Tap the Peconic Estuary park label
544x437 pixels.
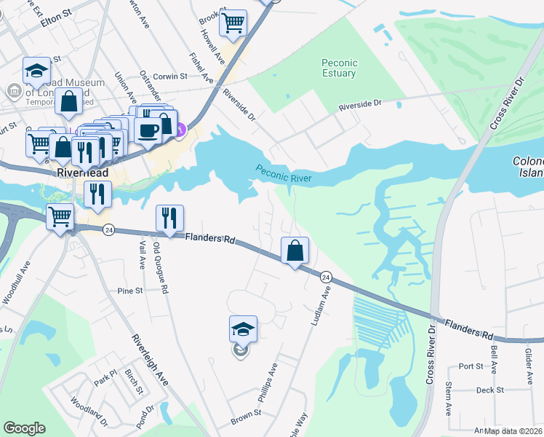339,68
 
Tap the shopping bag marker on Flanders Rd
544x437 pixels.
295,251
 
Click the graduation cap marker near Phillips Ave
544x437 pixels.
243,330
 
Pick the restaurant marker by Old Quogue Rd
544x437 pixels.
169,219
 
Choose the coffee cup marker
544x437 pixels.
148,132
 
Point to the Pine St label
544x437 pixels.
129,291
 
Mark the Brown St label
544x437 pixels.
246,416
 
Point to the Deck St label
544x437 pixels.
489,390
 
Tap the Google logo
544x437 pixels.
24,428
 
